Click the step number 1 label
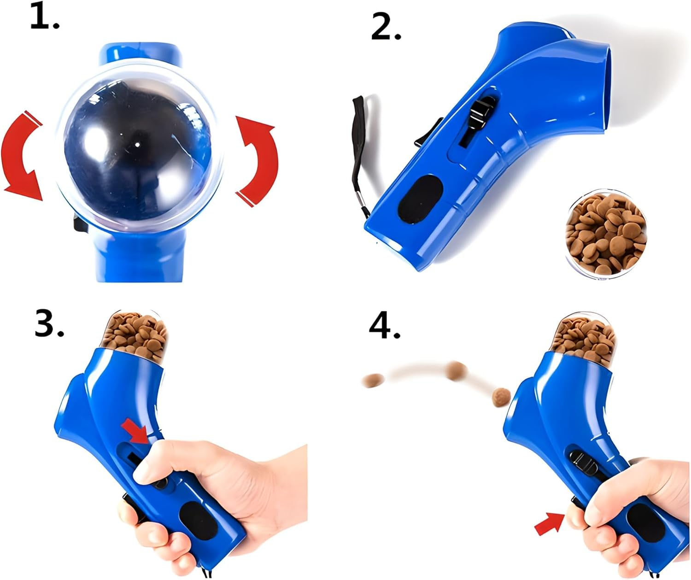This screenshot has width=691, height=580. [44, 18]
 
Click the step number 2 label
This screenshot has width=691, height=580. [386, 28]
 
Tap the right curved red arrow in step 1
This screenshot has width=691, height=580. [258, 159]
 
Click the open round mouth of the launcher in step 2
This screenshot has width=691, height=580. [594, 88]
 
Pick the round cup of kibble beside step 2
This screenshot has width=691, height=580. [605, 234]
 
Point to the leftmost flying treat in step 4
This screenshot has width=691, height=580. [373, 381]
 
